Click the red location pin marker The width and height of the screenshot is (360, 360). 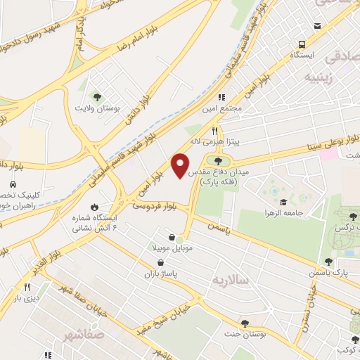point(181,165)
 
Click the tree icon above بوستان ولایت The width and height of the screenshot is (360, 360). point(98,98)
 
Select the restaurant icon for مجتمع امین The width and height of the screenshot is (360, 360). point(221,98)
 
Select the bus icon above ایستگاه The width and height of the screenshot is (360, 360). point(301,42)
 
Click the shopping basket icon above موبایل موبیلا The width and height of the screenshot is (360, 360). point(172,237)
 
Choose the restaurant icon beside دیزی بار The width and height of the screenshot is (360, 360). point(27,287)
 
